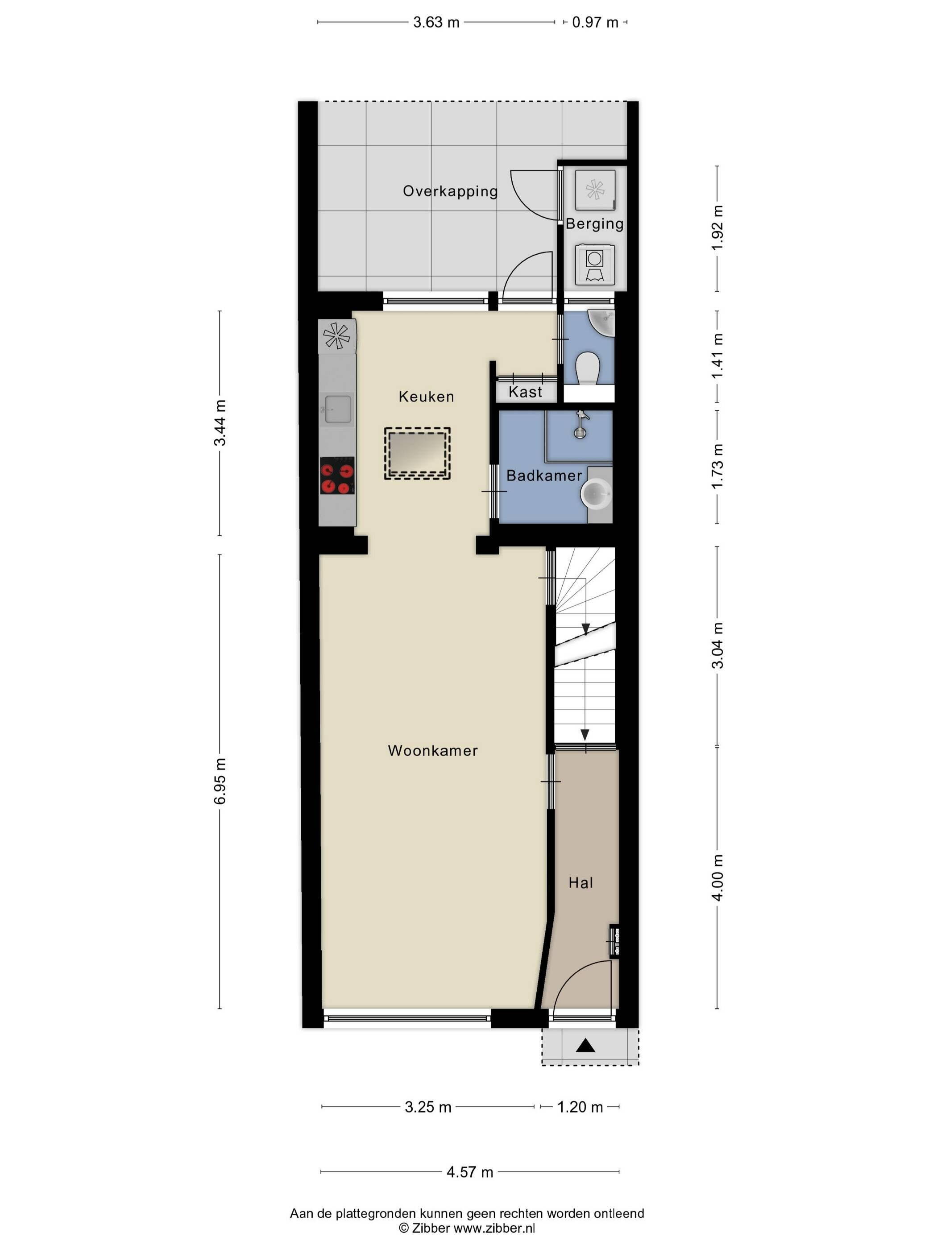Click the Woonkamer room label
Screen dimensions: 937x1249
[x=433, y=750]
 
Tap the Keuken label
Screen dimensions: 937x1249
[x=427, y=397]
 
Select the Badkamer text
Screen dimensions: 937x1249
[x=544, y=476]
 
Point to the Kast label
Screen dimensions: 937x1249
[x=525, y=392]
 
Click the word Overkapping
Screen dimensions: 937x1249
[x=450, y=191]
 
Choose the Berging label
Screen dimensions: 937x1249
[x=595, y=223]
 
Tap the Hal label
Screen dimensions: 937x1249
[x=580, y=882]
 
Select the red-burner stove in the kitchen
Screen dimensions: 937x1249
[x=337, y=476]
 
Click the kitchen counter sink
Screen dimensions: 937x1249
[x=337, y=409]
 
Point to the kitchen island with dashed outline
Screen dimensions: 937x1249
[x=417, y=453]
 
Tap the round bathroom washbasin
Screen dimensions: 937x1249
[x=597, y=494]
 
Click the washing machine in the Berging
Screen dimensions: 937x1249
[x=595, y=264]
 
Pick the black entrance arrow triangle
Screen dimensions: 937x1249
[x=586, y=1046]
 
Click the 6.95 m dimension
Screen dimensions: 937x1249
[x=220, y=781]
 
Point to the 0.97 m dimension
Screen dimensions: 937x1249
[x=595, y=23]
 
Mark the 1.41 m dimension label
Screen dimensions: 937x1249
[x=717, y=356]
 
